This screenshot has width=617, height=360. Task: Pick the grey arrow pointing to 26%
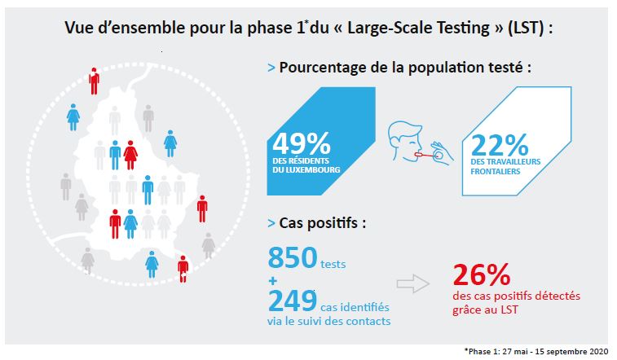click(412, 283)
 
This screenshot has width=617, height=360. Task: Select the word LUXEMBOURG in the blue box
click(306, 170)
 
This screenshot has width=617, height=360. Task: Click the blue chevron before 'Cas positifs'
click(271, 222)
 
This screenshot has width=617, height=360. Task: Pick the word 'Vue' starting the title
click(79, 29)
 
